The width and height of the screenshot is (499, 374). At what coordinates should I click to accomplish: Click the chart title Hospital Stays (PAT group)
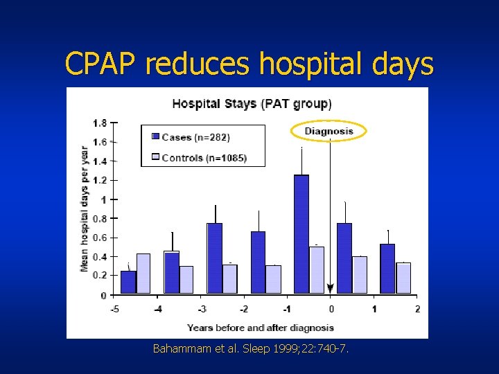tap(252, 104)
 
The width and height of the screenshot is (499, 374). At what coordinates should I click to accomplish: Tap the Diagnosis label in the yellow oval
tap(330, 131)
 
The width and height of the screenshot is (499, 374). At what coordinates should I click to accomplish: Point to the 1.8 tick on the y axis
tap(100, 123)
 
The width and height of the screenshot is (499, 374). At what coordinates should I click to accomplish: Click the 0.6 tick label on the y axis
tap(100, 238)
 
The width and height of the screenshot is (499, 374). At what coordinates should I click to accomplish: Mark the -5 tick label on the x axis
tap(114, 309)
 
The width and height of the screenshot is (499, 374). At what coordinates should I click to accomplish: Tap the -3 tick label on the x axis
tap(201, 309)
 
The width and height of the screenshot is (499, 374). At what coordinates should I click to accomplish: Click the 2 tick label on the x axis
tap(417, 309)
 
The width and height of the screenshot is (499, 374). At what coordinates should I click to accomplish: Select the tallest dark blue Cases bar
tap(301, 234)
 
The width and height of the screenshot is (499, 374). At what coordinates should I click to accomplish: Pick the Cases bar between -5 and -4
tap(128, 282)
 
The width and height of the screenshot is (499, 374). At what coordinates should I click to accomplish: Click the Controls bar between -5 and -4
tap(143, 273)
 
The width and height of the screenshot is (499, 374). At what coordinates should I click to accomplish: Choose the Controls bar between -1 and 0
tap(317, 269)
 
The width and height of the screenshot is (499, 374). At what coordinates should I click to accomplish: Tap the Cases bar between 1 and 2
tap(387, 269)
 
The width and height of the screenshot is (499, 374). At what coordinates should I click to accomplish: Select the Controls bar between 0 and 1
tap(360, 274)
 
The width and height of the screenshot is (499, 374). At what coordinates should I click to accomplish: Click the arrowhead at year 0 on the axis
tap(331, 288)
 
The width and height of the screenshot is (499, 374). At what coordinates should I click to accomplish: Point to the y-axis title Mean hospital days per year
tap(85, 208)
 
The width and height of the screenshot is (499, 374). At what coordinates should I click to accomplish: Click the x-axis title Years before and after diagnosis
tap(260, 328)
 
